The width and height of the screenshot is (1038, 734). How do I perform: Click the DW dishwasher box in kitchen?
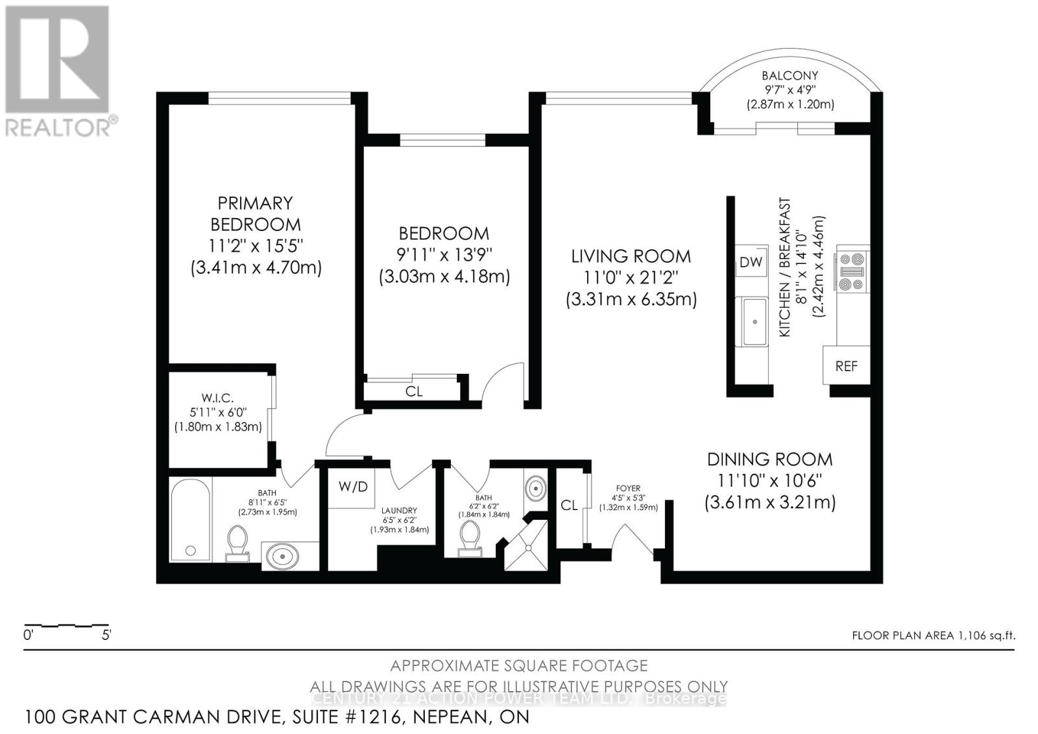(751, 262)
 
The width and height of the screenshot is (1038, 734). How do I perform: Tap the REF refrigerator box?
(845, 366)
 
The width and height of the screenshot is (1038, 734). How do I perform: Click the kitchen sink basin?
(754, 322)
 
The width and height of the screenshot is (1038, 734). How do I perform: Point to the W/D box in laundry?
(352, 487)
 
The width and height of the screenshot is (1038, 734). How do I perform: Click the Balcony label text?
(790, 75)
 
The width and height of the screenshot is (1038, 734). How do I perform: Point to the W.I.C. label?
(217, 398)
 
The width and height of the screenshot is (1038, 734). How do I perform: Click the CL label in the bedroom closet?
(413, 391)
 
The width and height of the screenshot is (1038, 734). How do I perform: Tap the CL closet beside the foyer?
(569, 506)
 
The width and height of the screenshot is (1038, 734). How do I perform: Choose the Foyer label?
(627, 488)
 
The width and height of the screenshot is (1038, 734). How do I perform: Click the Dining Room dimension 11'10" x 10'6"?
(769, 481)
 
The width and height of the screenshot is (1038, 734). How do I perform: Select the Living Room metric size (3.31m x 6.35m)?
(631, 300)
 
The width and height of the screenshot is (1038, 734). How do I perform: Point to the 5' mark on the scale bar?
(106, 635)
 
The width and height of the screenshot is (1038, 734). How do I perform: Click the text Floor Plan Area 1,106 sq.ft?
(933, 635)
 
